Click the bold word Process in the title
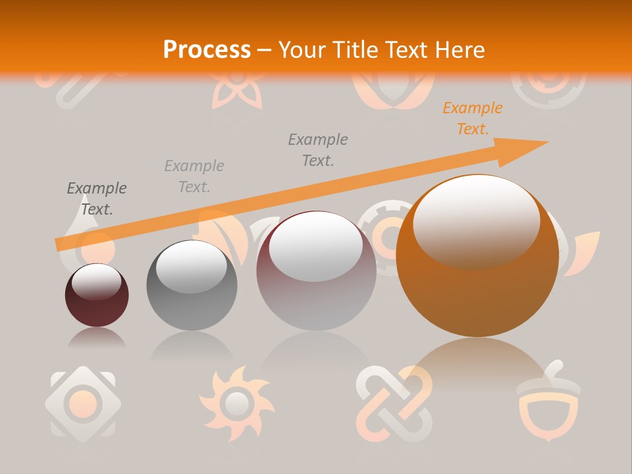pos(207,49)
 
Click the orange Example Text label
pos(472,118)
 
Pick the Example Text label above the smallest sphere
pos(97,199)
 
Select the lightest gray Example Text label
pos(194,176)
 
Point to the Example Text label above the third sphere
pos(318,149)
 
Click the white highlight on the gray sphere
pos(191,267)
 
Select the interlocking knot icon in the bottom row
pos(394,402)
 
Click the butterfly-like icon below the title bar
pos(237,92)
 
